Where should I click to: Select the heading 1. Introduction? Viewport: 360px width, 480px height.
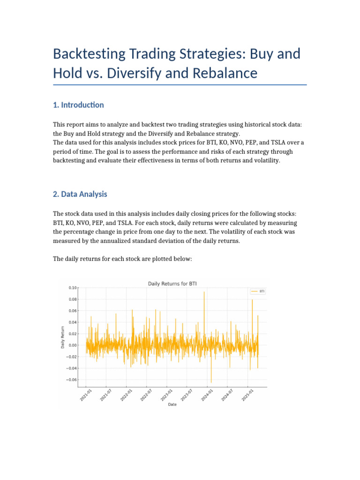pyautogui.click(x=79, y=105)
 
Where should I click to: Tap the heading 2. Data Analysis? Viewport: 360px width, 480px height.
pyautogui.click(x=80, y=194)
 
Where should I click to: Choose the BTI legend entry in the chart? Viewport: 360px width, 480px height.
pyautogui.click(x=259, y=291)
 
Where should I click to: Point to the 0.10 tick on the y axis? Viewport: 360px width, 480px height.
pyautogui.click(x=72, y=288)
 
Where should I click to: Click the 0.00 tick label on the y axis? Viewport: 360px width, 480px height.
pyautogui.click(x=72, y=345)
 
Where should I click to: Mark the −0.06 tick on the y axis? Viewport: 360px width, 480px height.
pyautogui.click(x=71, y=380)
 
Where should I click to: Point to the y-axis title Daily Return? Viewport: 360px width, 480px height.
pyautogui.click(x=63, y=337)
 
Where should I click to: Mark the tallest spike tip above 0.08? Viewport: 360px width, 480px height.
pyautogui.click(x=204, y=292)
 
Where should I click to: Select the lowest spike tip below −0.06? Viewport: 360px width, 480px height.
pyautogui.click(x=211, y=382)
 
